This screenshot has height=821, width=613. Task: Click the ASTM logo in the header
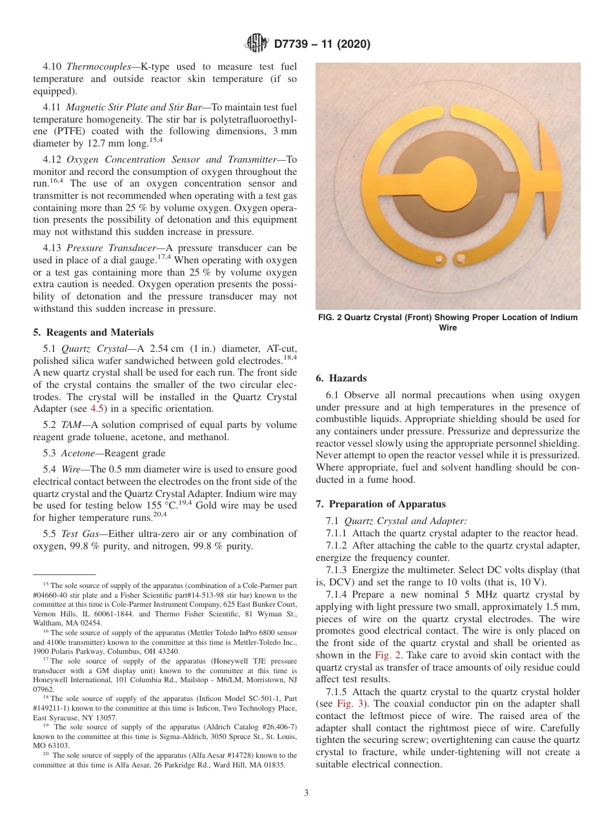257,44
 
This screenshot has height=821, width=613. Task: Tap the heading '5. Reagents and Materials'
93,332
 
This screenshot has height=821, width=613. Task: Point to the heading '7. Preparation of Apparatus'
381,503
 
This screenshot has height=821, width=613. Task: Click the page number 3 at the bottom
306,793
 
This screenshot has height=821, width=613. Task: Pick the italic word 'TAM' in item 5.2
70,425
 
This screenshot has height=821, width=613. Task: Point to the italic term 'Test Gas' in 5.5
79,534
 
